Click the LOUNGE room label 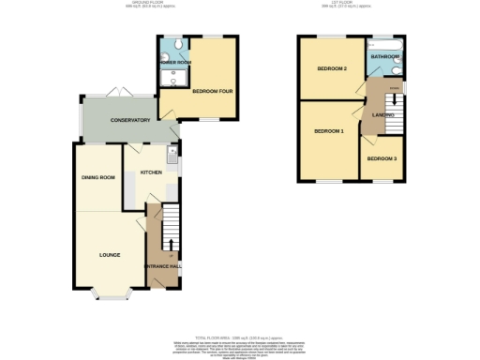[x=110, y=253]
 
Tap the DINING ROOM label [x=98, y=177]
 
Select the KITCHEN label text [x=152, y=173]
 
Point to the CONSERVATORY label [x=130, y=121]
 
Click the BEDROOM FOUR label [x=212, y=91]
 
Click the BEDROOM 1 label [x=329, y=130]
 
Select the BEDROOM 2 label [x=331, y=69]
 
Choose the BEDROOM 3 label [x=382, y=158]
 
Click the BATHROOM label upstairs [x=384, y=57]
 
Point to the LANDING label [x=382, y=114]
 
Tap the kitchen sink [x=172, y=151]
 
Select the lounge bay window [x=112, y=299]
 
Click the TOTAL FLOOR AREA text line [x=240, y=335]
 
